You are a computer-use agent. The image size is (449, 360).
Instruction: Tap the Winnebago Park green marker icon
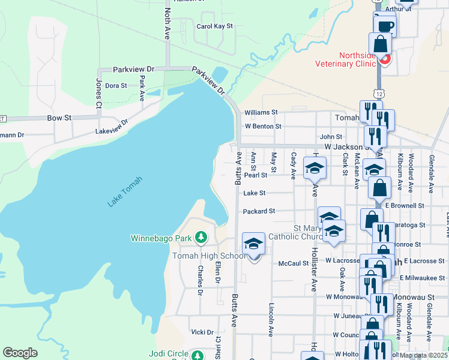[x=202, y=239]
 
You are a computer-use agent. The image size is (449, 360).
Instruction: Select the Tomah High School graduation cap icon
[x=254, y=244]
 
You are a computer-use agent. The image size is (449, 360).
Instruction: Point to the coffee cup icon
[x=385, y=26]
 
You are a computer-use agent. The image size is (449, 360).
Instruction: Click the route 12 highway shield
[x=378, y=94]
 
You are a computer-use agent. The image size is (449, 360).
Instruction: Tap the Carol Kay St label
[x=214, y=26]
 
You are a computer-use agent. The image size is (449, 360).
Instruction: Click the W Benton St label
[x=263, y=127]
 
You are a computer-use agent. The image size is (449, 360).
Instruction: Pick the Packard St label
[x=259, y=211]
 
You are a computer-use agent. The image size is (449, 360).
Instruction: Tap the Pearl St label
[x=255, y=175]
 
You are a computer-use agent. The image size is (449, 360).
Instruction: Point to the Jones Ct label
[x=98, y=93]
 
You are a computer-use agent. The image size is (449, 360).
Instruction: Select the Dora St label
[x=116, y=86]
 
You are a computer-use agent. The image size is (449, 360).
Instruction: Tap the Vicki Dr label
[x=202, y=332]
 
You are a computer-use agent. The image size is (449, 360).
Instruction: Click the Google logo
[x=20, y=353]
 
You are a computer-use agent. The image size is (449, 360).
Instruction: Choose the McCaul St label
[x=294, y=263]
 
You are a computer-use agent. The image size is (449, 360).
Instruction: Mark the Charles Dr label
[x=199, y=280]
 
